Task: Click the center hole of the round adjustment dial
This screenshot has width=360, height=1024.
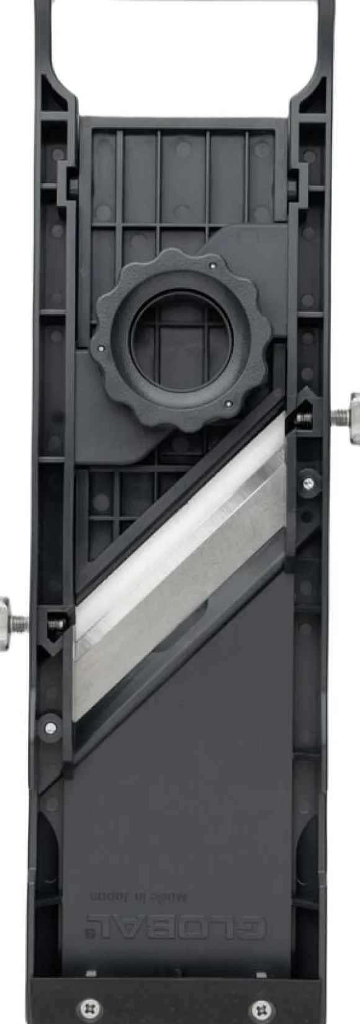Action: point(181,338)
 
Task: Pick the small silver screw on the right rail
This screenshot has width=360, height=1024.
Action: point(309,482)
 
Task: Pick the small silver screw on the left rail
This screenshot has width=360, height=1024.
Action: point(50,727)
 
